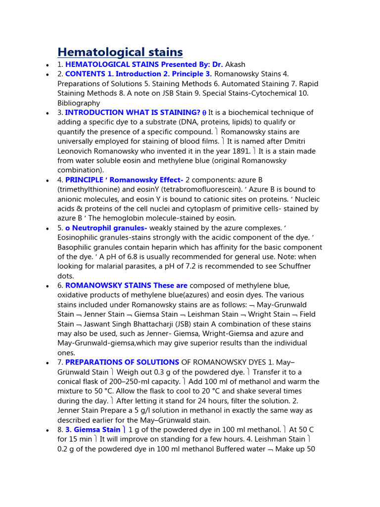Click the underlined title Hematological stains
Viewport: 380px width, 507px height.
[120, 51]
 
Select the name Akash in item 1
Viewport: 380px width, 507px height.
[236, 64]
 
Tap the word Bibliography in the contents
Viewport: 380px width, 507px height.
[79, 103]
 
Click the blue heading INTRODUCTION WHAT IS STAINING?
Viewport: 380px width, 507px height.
[133, 112]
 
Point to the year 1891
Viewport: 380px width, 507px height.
[239, 151]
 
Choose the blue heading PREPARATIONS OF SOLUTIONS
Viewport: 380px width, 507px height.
[122, 362]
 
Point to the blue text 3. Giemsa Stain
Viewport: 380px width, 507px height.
[93, 430]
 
